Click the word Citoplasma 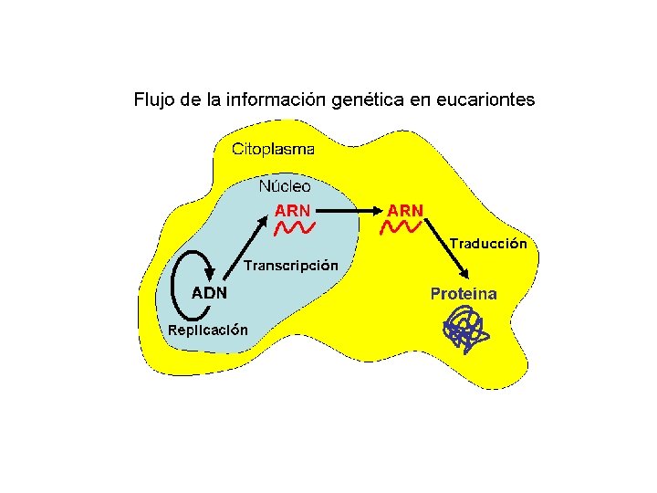pos(274,149)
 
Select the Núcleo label pos(285,186)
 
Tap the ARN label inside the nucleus pos(293,210)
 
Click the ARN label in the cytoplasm pos(405,210)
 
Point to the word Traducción pos(488,245)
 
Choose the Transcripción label pos(291,266)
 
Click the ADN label pos(210,293)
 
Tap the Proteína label pos(464,294)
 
